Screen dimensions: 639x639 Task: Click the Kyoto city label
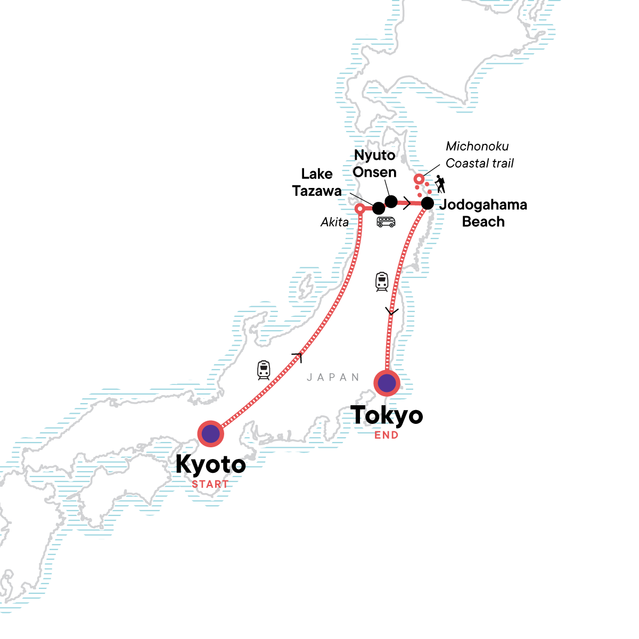(210, 464)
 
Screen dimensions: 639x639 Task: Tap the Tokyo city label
(387, 415)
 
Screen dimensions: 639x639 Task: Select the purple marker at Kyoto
(211, 433)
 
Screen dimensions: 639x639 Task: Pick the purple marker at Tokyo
(387, 383)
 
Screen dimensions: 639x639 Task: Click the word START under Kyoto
(210, 484)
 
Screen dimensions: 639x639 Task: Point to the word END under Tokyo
(387, 435)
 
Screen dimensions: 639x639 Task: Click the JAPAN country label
(333, 378)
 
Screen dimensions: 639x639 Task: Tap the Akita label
(334, 222)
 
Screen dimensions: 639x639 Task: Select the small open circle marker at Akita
(360, 209)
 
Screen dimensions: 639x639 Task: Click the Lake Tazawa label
(317, 182)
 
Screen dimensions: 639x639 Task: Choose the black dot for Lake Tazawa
(379, 208)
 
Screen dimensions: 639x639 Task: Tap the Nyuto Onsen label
(375, 163)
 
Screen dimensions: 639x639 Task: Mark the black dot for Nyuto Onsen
(391, 201)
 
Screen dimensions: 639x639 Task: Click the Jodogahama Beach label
(483, 213)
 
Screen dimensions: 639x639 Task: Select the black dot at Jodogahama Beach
(427, 203)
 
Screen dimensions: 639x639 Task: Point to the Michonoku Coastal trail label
(479, 154)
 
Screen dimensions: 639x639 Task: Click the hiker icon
(440, 184)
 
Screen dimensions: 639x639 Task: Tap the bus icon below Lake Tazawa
(386, 222)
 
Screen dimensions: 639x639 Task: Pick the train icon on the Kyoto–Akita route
(264, 370)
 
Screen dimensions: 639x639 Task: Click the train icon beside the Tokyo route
(382, 282)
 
